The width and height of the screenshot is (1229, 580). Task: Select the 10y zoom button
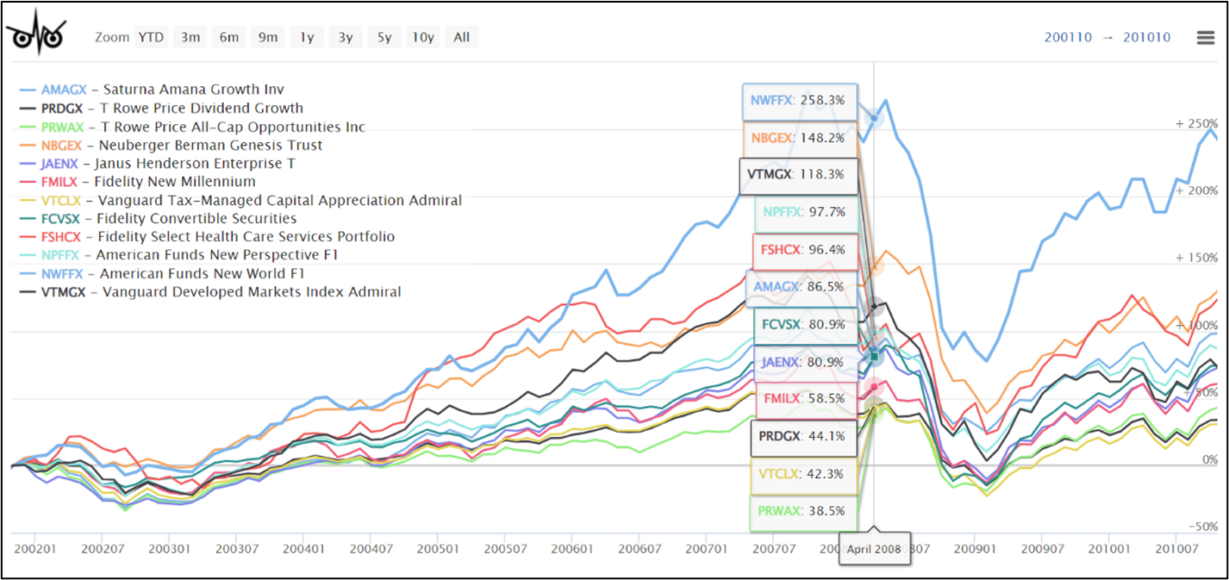click(x=422, y=37)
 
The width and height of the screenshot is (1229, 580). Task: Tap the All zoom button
click(x=462, y=37)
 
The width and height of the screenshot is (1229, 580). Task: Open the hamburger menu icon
click(x=1206, y=38)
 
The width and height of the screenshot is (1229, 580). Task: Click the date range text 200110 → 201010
click(x=1107, y=37)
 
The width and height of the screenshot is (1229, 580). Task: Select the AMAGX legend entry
click(x=163, y=90)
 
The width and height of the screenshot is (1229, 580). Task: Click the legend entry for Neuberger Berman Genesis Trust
click(x=181, y=146)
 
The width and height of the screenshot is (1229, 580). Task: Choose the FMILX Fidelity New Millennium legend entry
click(x=147, y=182)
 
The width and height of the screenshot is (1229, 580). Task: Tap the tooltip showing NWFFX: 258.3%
click(x=800, y=101)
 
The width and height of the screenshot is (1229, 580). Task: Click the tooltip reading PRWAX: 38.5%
click(x=803, y=511)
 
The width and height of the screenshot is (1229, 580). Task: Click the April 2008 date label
click(x=874, y=549)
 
